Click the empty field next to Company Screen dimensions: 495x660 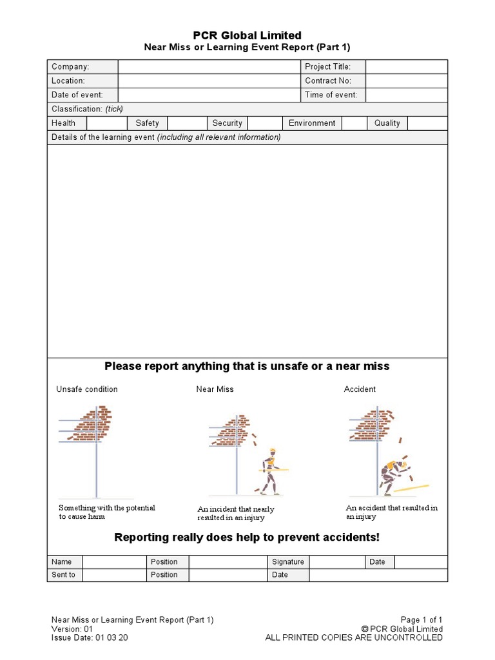[x=209, y=67]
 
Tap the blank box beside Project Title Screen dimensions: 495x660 [x=406, y=67]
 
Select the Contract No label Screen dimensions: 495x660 [x=328, y=81]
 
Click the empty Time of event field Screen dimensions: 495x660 [x=406, y=95]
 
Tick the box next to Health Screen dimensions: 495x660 [x=107, y=123]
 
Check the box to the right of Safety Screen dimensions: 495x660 [x=188, y=123]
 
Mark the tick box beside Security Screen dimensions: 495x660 [x=265, y=123]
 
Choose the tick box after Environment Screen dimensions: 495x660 [x=354, y=123]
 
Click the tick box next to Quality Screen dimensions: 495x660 [x=427, y=123]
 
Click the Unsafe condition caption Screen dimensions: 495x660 [x=87, y=389]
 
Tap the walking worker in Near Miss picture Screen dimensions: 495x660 [x=271, y=471]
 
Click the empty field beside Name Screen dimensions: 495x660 [x=114, y=562]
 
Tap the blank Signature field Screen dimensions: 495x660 [x=336, y=562]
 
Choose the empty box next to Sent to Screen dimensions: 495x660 [x=114, y=575]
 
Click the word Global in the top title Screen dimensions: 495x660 [x=240, y=35]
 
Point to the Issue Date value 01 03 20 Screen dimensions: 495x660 [x=112, y=637]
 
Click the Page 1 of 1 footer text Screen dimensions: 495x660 [x=422, y=619]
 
